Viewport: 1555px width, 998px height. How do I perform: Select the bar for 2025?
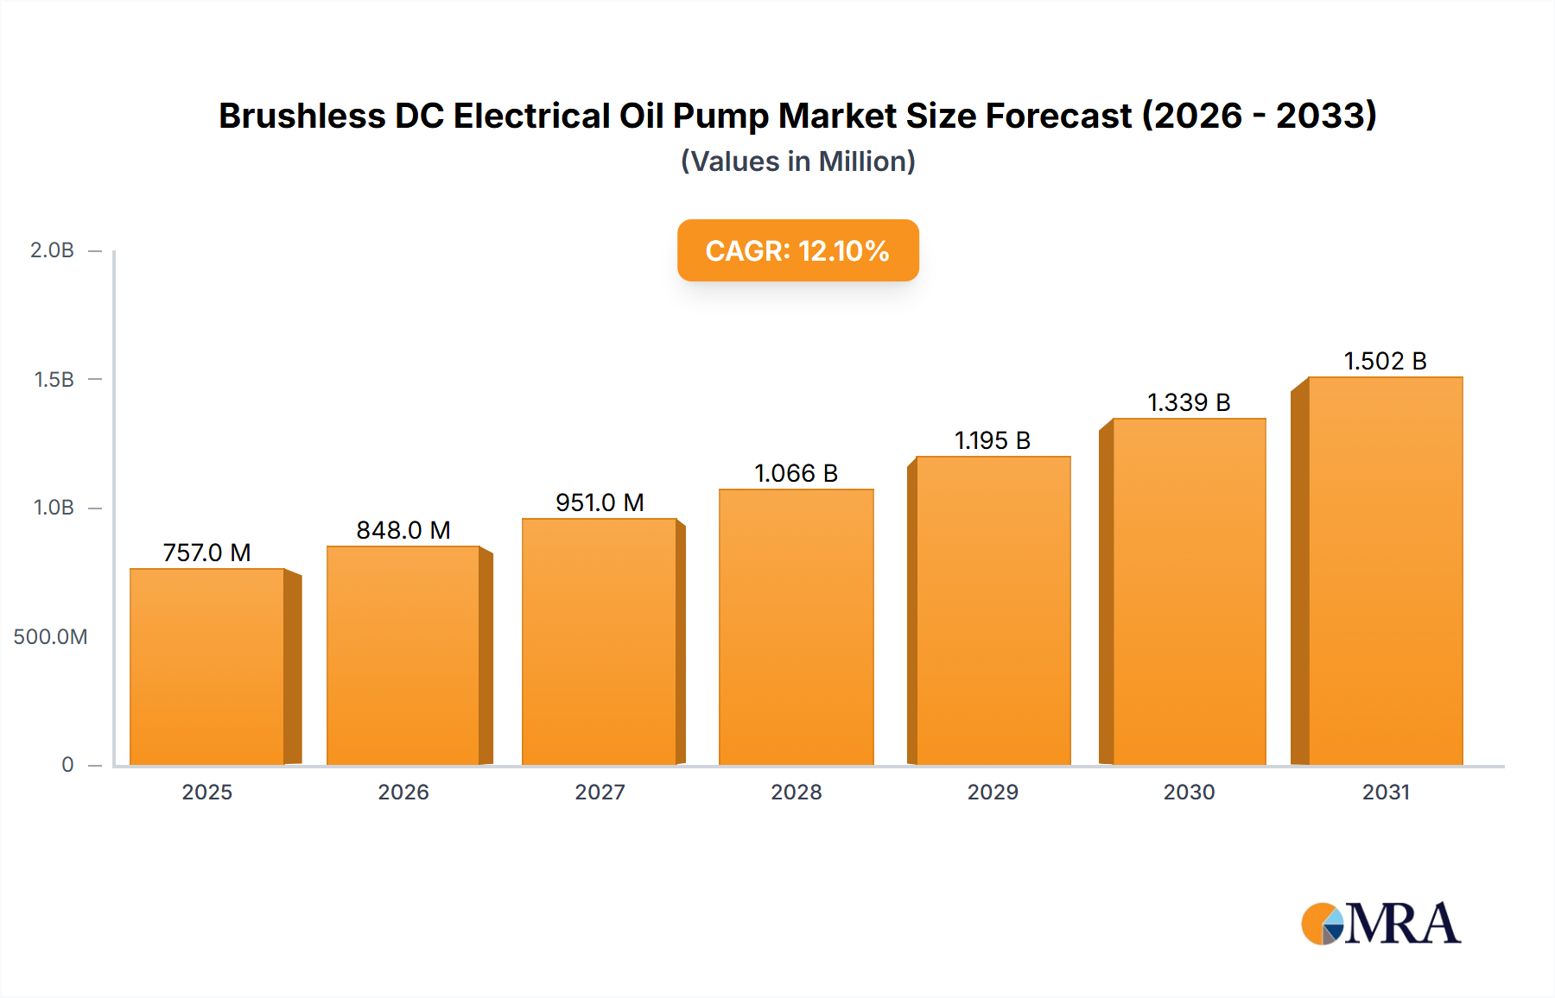pyautogui.click(x=207, y=666)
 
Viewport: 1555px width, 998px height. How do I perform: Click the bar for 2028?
pyautogui.click(x=797, y=627)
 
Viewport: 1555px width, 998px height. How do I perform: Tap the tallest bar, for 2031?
pyautogui.click(x=1386, y=571)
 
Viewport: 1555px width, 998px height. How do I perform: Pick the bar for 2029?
pyautogui.click(x=993, y=610)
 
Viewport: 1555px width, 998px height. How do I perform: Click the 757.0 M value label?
pyautogui.click(x=207, y=553)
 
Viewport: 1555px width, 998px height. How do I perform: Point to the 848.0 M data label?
pyautogui.click(x=403, y=530)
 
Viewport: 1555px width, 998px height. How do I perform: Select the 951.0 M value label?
pyautogui.click(x=600, y=502)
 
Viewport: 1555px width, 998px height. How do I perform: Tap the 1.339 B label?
pyautogui.click(x=1189, y=402)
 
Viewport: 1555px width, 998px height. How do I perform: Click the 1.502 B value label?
pyautogui.click(x=1385, y=361)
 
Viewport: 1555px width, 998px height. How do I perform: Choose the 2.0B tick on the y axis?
pyautogui.click(x=53, y=250)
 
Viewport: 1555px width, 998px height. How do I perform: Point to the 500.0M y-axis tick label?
pyautogui.click(x=50, y=637)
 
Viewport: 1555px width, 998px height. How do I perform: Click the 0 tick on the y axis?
pyautogui.click(x=67, y=765)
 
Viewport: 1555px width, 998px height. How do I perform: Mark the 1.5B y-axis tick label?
pyautogui.click(x=54, y=380)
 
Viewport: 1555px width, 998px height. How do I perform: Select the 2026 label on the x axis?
pyautogui.click(x=403, y=793)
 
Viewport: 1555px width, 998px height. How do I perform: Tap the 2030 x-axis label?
pyautogui.click(x=1189, y=793)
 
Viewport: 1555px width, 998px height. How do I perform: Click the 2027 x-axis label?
pyautogui.click(x=600, y=793)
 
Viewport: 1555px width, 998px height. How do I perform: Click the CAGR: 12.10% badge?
pyautogui.click(x=797, y=250)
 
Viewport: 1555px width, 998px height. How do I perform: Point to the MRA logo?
pyautogui.click(x=1380, y=924)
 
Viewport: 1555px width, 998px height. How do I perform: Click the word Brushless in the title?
pyautogui.click(x=301, y=116)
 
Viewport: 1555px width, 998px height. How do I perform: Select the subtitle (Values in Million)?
pyautogui.click(x=797, y=161)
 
